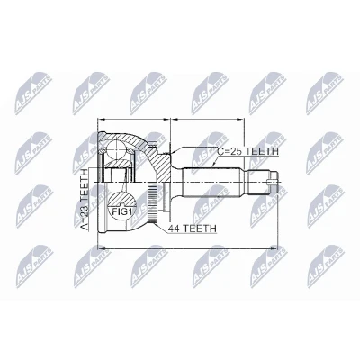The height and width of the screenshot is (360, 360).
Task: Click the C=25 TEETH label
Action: point(247,151)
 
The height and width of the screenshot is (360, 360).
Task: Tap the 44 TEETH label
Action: point(192,229)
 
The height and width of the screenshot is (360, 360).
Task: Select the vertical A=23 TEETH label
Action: point(85,200)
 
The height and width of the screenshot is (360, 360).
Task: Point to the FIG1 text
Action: point(122,211)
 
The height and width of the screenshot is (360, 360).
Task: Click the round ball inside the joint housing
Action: point(116,149)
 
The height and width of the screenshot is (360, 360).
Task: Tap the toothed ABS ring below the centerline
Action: point(153,203)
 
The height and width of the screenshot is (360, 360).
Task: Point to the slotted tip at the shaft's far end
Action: point(274,182)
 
